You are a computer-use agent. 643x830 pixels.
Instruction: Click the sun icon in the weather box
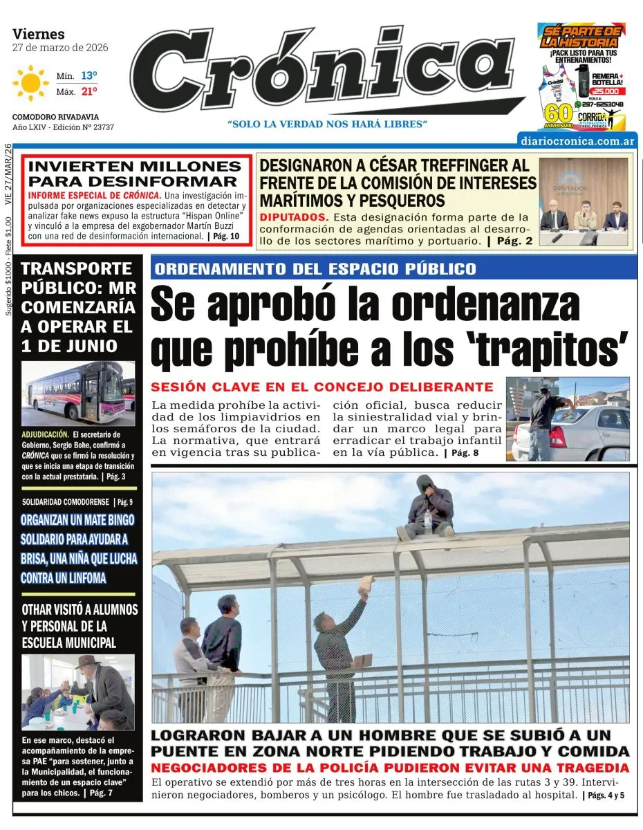click(x=30, y=83)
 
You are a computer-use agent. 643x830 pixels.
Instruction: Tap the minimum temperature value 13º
click(x=88, y=75)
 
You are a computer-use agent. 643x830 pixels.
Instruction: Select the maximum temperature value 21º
click(x=88, y=91)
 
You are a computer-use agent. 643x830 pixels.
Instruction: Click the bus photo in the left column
click(x=77, y=392)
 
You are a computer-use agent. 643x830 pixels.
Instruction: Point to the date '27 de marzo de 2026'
click(x=60, y=48)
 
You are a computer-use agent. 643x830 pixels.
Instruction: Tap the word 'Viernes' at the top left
click(x=39, y=34)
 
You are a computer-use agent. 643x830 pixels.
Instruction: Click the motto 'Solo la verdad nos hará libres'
click(x=328, y=124)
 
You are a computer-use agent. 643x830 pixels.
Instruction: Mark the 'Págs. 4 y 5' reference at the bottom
click(x=606, y=795)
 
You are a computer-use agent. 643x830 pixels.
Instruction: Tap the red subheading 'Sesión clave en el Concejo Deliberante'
click(x=322, y=387)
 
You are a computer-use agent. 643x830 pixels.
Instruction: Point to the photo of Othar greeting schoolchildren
click(x=77, y=692)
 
